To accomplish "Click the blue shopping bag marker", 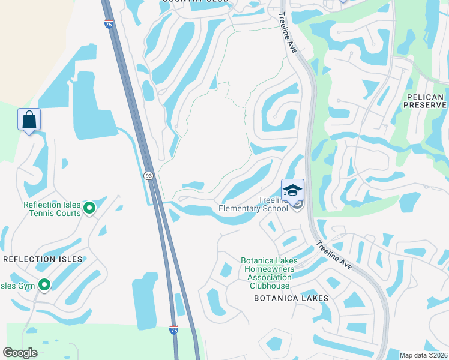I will [29, 120].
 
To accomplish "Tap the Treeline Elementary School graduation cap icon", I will [292, 191].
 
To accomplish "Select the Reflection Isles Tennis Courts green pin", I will [89, 208].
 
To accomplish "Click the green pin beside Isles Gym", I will [44, 285].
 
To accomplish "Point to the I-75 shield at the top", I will [108, 24].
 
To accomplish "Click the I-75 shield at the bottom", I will [173, 330].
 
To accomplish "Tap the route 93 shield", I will [148, 175].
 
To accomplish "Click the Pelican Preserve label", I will [423, 101].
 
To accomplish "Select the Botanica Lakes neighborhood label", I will [291, 298].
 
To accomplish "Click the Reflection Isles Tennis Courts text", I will [52, 209].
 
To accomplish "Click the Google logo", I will [20, 353].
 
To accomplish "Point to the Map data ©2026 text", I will [424, 355].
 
